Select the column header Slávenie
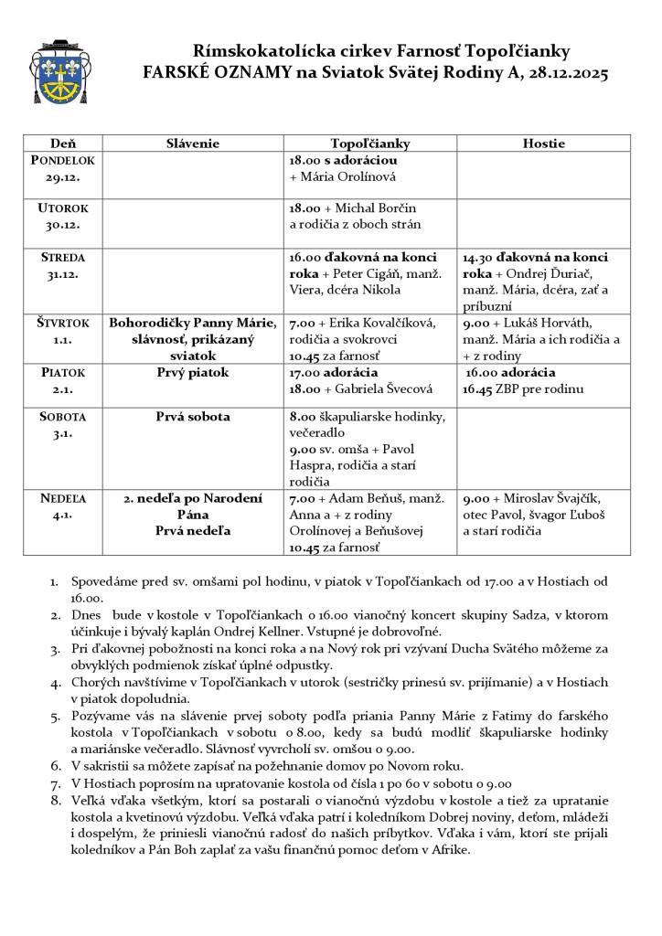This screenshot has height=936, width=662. (x=193, y=144)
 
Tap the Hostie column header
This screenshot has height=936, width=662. (x=543, y=144)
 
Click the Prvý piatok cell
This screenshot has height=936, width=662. (x=193, y=373)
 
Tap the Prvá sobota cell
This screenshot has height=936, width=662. (x=193, y=417)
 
